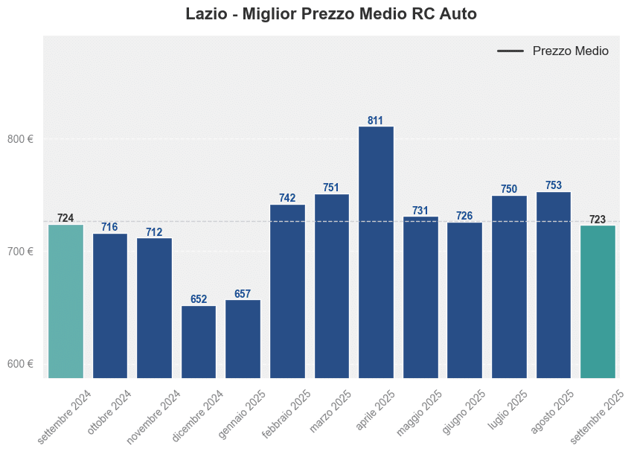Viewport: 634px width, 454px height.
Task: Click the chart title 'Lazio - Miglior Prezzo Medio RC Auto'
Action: [x=331, y=15]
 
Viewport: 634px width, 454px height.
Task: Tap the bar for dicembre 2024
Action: [x=199, y=342]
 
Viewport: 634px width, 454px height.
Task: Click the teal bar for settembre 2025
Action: [x=598, y=301]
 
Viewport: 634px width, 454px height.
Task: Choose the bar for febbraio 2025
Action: [x=287, y=290]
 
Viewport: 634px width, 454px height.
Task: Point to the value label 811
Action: [x=376, y=121]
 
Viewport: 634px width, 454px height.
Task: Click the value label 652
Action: [x=199, y=299]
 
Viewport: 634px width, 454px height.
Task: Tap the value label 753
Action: [x=554, y=185]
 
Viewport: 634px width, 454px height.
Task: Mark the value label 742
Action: [x=287, y=198]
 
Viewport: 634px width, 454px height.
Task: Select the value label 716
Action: [x=109, y=227]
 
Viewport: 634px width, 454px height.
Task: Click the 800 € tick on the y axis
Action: [x=21, y=139]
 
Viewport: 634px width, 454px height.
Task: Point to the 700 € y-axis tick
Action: [x=21, y=252]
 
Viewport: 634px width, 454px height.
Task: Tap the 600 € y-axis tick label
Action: [x=21, y=364]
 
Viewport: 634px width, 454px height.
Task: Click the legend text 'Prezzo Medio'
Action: [x=570, y=51]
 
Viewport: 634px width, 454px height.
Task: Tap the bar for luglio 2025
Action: [x=509, y=287]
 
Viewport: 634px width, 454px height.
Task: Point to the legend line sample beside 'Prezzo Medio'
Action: [x=510, y=51]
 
